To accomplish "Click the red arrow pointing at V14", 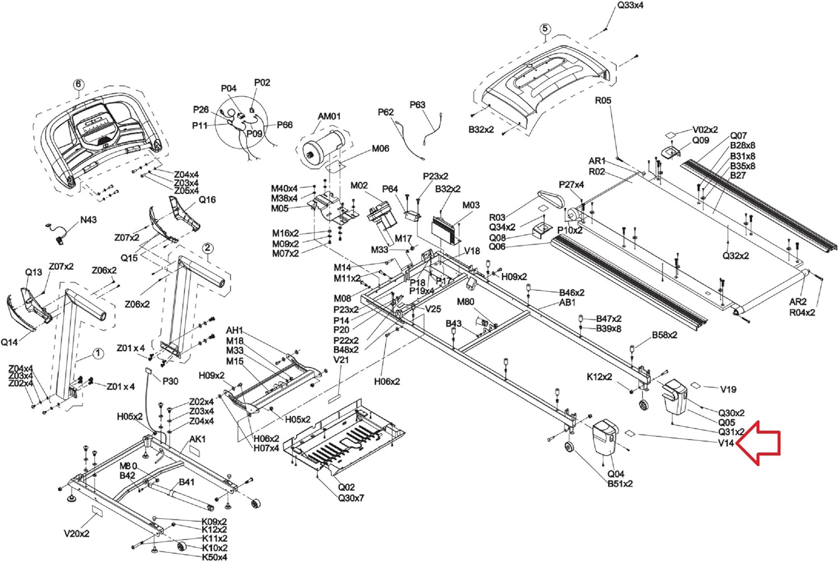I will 759,443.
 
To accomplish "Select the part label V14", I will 725,443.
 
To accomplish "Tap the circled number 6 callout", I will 78,85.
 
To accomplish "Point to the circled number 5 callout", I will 545,29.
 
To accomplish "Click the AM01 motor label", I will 329,116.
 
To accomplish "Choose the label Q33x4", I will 630,6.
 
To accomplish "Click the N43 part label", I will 88,220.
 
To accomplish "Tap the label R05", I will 603,101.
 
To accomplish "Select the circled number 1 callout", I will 98,353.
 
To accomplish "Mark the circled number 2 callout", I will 208,248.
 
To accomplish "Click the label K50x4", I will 214,557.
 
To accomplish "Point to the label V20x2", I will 77,533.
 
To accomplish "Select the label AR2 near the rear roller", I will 798,302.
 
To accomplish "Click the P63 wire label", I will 417,105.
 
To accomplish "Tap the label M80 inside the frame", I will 465,302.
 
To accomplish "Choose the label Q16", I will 207,200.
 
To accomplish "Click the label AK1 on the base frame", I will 197,439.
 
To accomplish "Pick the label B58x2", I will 664,335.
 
